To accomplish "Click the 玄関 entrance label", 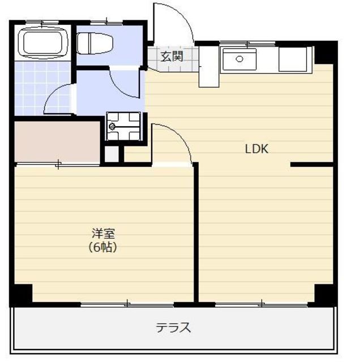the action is pyautogui.click(x=172, y=57).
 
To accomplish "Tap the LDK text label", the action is pyautogui.click(x=256, y=149).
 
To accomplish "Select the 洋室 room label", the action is pyautogui.click(x=103, y=233).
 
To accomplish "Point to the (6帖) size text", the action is pyautogui.click(x=103, y=247).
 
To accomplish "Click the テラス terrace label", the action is pyautogui.click(x=173, y=327).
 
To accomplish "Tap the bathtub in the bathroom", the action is pyautogui.click(x=43, y=43).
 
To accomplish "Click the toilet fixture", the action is pyautogui.click(x=95, y=44).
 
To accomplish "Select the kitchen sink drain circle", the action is pyautogui.click(x=239, y=59).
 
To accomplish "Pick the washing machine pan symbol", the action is pyautogui.click(x=123, y=126).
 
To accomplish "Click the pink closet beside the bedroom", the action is pyautogui.click(x=57, y=141).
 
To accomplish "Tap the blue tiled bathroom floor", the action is pyautogui.click(x=42, y=88).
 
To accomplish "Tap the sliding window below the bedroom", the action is pyautogui.click(x=127, y=305).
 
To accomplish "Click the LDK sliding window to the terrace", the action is pyautogui.click(x=261, y=305).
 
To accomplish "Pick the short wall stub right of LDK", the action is pyautogui.click(x=312, y=165).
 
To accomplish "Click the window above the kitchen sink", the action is pyautogui.click(x=247, y=43).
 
